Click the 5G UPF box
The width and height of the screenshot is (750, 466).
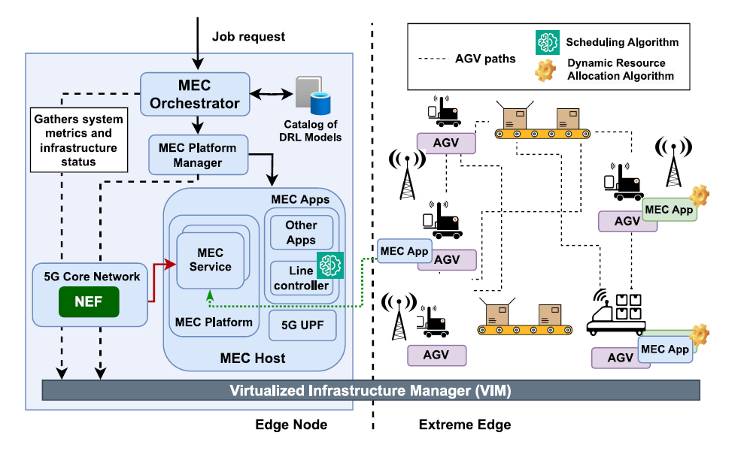[x=302, y=325]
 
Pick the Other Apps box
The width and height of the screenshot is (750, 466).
[x=301, y=232]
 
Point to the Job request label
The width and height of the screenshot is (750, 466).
[x=248, y=36]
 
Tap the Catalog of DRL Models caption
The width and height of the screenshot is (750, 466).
[x=311, y=131]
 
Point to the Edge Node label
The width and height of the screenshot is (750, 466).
[x=290, y=425]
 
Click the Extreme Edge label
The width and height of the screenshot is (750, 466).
[x=464, y=425]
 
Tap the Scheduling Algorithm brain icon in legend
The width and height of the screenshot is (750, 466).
[x=546, y=42]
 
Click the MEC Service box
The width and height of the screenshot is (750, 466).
[x=211, y=259]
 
